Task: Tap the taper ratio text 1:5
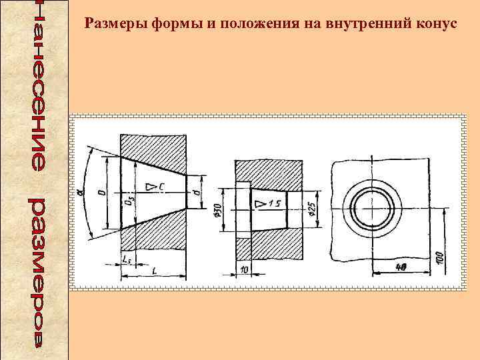coord(274,202)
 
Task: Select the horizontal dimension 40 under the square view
coord(401,267)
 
